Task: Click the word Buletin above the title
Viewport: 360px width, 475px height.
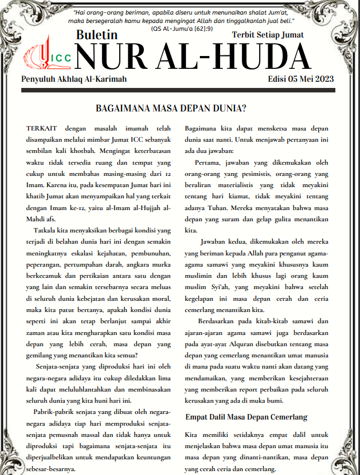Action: (99, 35)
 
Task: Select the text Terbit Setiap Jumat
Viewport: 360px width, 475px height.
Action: (268, 35)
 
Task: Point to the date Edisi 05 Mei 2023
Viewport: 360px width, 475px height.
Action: (301, 79)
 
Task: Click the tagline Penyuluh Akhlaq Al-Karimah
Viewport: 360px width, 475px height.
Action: (74, 79)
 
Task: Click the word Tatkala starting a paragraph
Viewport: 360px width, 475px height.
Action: (46, 230)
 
